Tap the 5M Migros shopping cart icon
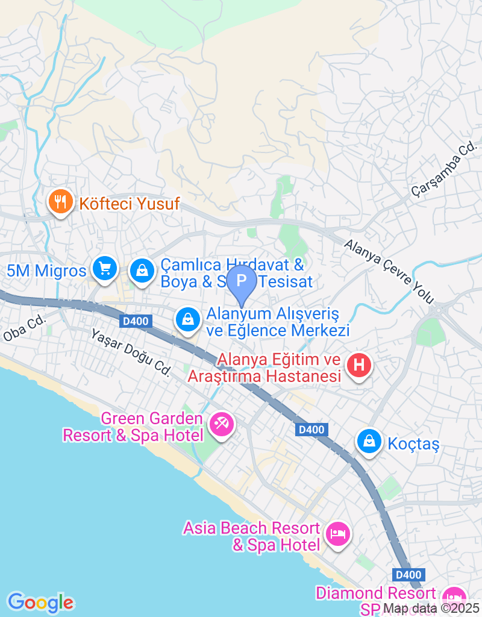pyautogui.click(x=105, y=268)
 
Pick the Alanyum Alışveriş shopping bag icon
pyautogui.click(x=189, y=319)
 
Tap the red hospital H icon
pyautogui.click(x=359, y=365)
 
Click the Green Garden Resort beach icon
pyautogui.click(x=221, y=424)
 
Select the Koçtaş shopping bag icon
pyautogui.click(x=368, y=442)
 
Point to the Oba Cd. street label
pyautogui.click(x=25, y=328)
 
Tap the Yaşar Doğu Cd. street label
pyautogui.click(x=131, y=352)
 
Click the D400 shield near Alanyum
pyautogui.click(x=136, y=321)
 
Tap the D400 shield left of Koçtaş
pyautogui.click(x=312, y=430)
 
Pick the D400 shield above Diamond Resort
pyautogui.click(x=408, y=575)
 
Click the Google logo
pyautogui.click(x=40, y=602)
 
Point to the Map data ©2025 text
pyautogui.click(x=431, y=609)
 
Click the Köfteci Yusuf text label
pyautogui.click(x=130, y=204)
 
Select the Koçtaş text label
pyautogui.click(x=413, y=445)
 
